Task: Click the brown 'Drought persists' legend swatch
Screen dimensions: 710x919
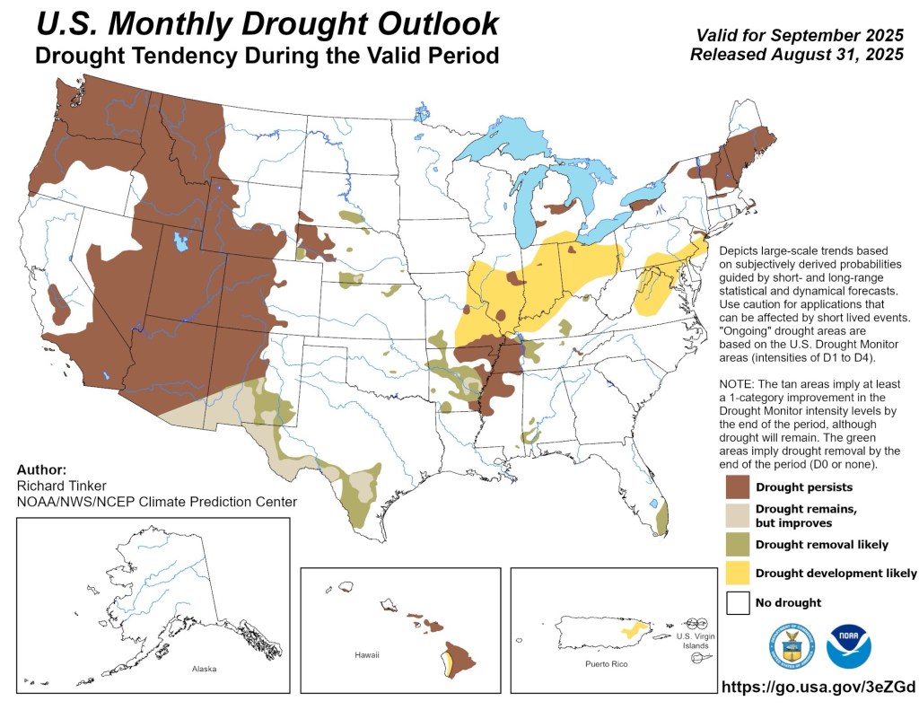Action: click(738, 486)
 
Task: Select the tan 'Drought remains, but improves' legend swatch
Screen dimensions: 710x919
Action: click(738, 515)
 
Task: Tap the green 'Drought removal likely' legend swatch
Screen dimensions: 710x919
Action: click(738, 544)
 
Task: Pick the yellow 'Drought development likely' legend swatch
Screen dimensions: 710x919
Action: click(738, 573)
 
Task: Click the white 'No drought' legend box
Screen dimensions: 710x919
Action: click(738, 602)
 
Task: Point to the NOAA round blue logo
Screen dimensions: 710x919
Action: click(849, 646)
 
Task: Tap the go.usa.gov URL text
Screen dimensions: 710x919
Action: click(818, 688)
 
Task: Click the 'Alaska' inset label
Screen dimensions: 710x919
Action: click(204, 669)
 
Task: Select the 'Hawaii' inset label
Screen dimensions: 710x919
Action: click(366, 655)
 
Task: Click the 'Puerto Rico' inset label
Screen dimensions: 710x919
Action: click(606, 663)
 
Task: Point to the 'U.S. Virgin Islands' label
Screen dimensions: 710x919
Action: click(691, 640)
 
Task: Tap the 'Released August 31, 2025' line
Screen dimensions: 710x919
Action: click(795, 55)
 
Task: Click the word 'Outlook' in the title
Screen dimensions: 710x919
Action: click(431, 23)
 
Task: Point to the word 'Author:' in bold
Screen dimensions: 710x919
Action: click(40, 469)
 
